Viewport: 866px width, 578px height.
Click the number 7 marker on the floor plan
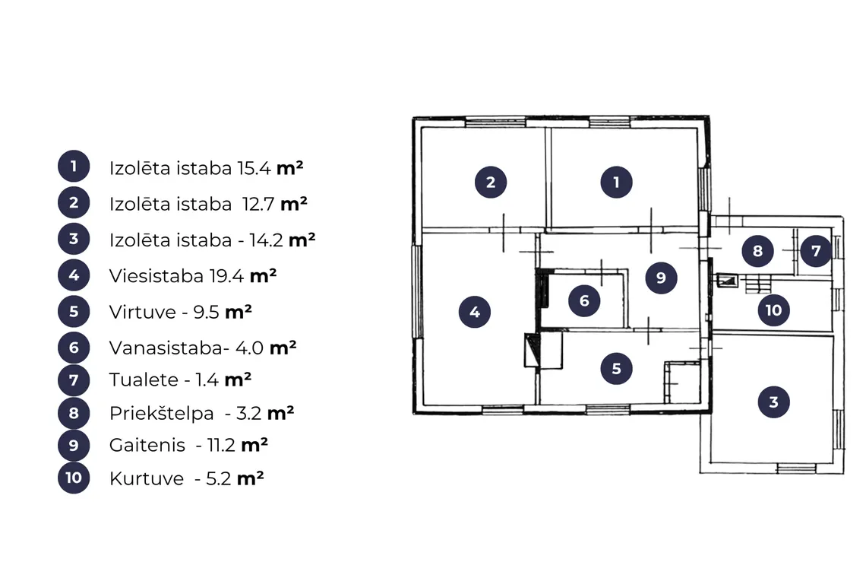click(x=816, y=251)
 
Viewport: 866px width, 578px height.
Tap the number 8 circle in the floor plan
click(x=757, y=251)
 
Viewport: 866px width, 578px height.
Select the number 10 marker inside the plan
click(x=773, y=310)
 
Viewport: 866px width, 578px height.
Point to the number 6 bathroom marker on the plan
click(x=584, y=301)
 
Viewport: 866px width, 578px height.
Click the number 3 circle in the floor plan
click(x=773, y=402)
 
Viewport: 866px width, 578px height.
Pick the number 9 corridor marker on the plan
click(x=661, y=278)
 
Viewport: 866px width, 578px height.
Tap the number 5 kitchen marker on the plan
click(x=616, y=368)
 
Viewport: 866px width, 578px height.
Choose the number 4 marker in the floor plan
click(x=475, y=312)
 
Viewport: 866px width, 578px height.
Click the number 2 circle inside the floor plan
click(x=491, y=182)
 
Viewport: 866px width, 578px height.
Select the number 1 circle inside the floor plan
click(x=616, y=182)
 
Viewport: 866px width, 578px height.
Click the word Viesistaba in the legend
click(x=156, y=275)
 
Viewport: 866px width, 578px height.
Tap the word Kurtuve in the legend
click(x=147, y=478)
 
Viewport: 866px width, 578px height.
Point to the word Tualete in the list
click(x=144, y=380)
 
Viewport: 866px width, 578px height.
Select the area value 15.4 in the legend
click(x=254, y=168)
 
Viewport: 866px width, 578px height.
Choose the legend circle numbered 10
click(x=74, y=478)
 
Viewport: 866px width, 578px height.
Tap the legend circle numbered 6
click(x=74, y=348)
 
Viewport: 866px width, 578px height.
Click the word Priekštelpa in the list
click(x=161, y=413)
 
